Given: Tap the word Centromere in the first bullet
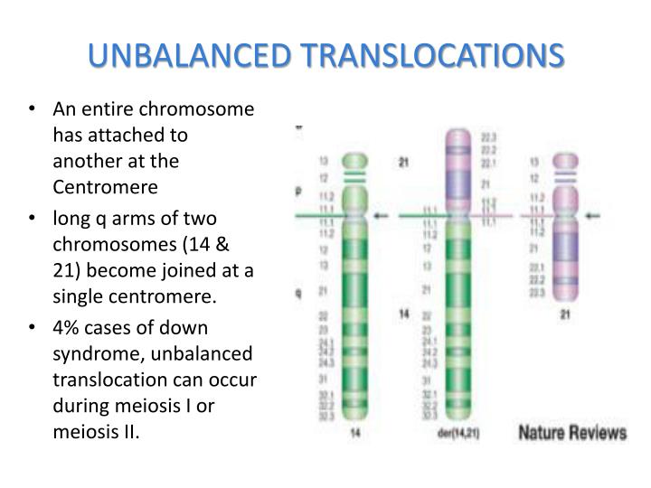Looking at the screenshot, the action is pos(105,187).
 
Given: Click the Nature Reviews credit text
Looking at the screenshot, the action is pos(571,432).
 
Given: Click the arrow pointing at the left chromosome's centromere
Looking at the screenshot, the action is pos(383,216).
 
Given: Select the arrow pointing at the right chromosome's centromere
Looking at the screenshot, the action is pos(593,215).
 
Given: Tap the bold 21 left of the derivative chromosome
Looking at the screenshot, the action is pos(404,163).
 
